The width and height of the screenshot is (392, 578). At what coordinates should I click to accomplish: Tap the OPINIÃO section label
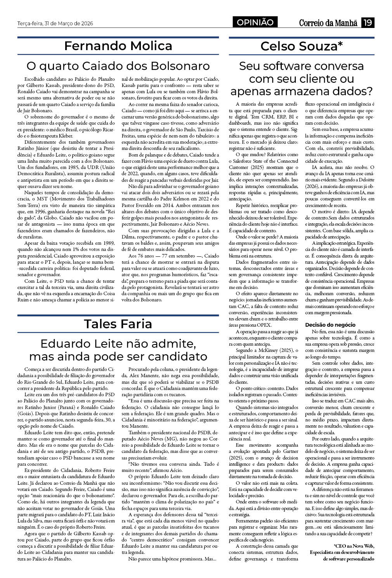(255, 23)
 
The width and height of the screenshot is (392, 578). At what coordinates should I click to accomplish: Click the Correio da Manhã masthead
(328, 23)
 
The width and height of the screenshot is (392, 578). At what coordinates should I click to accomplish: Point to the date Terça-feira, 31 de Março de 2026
(56, 23)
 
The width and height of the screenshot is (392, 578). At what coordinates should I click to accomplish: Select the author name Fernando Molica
(118, 46)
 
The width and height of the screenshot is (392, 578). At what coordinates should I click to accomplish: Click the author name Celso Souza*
(302, 46)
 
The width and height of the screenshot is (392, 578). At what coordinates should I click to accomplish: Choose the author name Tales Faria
(118, 324)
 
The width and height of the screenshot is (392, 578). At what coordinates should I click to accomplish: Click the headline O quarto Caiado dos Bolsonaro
(118, 65)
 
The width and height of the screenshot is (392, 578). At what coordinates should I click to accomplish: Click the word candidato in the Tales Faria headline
(175, 356)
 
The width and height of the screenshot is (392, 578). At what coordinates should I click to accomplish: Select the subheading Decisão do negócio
(330, 324)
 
